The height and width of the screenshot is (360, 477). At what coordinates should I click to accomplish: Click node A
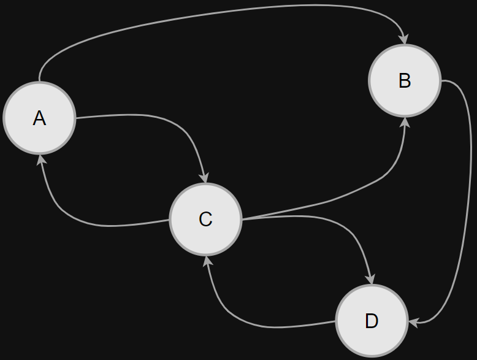click(x=39, y=118)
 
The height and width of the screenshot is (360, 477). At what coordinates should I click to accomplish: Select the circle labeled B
click(x=405, y=80)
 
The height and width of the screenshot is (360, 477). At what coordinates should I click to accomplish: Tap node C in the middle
click(x=205, y=219)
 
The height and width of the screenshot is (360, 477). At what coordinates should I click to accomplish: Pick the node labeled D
click(x=372, y=321)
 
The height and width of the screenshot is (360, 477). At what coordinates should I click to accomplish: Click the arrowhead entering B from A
click(x=403, y=39)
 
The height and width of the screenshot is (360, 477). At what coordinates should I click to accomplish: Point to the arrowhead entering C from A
click(x=204, y=178)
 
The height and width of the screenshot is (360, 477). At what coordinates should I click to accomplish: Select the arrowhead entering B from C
click(x=405, y=121)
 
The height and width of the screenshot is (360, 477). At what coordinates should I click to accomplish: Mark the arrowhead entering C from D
click(x=208, y=260)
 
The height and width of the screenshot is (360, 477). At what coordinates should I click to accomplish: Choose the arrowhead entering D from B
click(x=413, y=322)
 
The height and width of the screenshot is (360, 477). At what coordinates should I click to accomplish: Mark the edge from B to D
click(x=463, y=202)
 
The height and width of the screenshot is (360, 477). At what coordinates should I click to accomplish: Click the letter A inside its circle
click(x=39, y=118)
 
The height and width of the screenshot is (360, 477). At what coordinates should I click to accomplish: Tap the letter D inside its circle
click(x=372, y=321)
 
